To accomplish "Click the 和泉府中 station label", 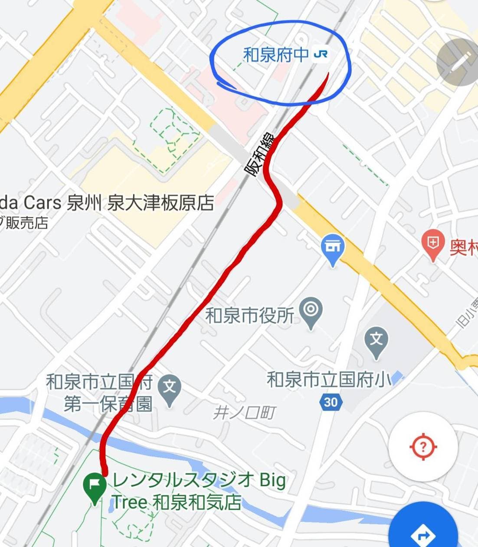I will click(x=276, y=55).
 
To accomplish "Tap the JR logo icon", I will click(x=321, y=54).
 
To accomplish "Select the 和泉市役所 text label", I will click(x=250, y=316).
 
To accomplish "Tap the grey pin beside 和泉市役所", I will click(x=311, y=311).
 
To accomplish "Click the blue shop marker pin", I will click(x=333, y=249).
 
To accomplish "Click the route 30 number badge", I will click(x=331, y=402).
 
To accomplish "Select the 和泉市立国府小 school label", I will click(x=329, y=379).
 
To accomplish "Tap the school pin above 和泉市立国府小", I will click(x=376, y=340).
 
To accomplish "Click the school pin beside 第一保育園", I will click(x=169, y=388).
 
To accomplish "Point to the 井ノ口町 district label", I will click(x=244, y=412).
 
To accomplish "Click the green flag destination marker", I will click(x=95, y=485).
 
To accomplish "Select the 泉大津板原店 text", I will click(x=160, y=203).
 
